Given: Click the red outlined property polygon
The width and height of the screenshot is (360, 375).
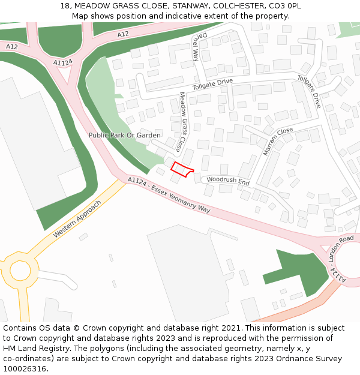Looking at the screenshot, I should (x=182, y=170).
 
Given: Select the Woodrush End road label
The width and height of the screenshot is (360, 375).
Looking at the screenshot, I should (x=227, y=181).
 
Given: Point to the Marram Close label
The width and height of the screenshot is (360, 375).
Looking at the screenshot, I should (x=278, y=142).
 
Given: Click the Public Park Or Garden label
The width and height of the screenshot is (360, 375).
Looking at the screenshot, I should (x=125, y=136).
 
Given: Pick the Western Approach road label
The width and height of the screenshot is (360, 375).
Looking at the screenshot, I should (x=77, y=218).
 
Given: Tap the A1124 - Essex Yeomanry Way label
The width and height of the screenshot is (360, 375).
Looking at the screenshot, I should (x=169, y=195).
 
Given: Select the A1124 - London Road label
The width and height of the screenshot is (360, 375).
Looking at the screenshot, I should (x=338, y=259).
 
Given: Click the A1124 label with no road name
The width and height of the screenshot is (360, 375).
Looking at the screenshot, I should (x=62, y=63).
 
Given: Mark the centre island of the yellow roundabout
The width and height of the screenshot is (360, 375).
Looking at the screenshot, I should (x=20, y=271).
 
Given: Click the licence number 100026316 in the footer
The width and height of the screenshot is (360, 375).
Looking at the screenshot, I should (x=25, y=368).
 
